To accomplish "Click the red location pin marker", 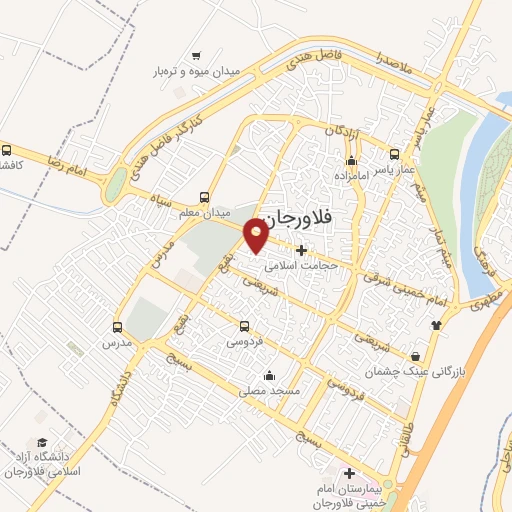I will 256,233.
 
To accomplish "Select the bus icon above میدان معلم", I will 205,197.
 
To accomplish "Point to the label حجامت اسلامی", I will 302,266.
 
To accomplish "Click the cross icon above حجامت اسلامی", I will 301,249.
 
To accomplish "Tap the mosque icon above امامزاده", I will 350,161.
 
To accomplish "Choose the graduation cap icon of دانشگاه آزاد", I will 42,442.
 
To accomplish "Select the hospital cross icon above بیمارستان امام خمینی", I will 348,473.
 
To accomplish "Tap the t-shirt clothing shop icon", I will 435,325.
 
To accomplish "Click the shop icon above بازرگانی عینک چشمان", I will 415,356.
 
